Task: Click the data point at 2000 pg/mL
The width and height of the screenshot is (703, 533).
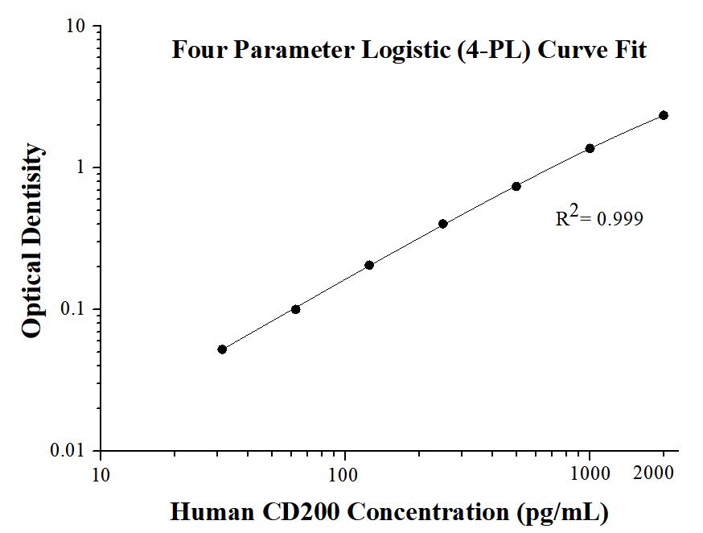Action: (x=664, y=115)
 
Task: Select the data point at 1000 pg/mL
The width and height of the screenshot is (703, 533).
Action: (x=590, y=148)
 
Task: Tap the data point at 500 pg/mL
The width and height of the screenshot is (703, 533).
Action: (x=516, y=186)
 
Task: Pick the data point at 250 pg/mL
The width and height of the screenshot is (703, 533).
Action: (x=443, y=224)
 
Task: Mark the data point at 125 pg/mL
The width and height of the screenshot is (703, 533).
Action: (x=369, y=265)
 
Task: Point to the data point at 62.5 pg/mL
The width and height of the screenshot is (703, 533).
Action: (x=295, y=309)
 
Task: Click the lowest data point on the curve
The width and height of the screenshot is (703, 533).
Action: (x=222, y=349)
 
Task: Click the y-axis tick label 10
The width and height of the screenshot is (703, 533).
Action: (x=76, y=27)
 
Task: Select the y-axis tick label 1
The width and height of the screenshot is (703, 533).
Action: (x=81, y=167)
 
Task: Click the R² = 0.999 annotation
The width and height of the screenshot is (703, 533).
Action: (x=599, y=217)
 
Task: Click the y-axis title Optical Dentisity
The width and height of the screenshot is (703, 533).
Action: (x=33, y=241)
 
